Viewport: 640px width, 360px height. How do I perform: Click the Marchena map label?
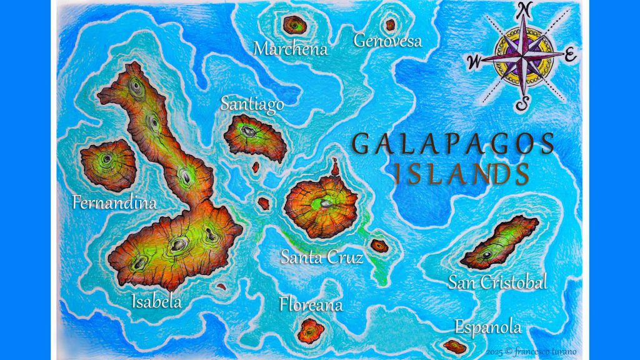291,48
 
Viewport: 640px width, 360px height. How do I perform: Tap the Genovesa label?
387,41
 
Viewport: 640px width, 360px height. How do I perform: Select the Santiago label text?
252,104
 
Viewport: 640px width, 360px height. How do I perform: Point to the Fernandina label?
114,202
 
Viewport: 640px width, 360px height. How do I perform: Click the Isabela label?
156,301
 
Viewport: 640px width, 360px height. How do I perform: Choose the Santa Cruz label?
321,257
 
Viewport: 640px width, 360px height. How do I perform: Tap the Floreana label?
311,305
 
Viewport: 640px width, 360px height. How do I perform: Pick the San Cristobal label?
497,282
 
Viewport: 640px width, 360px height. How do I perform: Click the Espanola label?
487,327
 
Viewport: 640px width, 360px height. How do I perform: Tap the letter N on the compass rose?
525,9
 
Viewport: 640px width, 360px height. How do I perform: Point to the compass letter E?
570,55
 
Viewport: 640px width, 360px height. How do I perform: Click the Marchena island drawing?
293,25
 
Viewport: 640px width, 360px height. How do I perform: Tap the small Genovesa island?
390,25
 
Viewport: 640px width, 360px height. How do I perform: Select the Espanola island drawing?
454,346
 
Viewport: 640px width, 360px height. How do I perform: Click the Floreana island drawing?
310,330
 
